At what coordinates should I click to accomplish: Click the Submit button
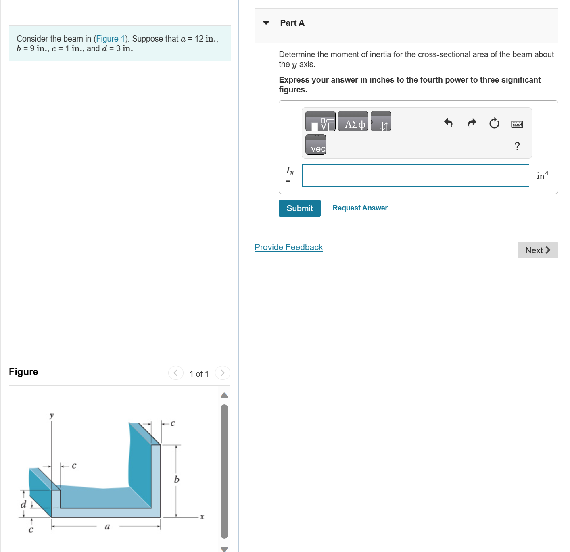click(x=299, y=208)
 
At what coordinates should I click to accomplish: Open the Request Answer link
click(x=360, y=208)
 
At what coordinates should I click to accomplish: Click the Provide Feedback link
click(x=288, y=247)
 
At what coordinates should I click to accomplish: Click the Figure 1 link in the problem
click(x=110, y=39)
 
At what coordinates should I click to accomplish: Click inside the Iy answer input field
click(x=415, y=175)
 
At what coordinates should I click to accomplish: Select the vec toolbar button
click(x=316, y=145)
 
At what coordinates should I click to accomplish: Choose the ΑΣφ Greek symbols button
click(x=353, y=121)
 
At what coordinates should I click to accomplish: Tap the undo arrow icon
click(x=448, y=123)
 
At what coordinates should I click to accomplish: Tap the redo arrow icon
click(x=472, y=123)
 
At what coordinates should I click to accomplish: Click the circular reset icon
click(x=494, y=123)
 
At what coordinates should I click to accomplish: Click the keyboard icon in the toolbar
click(x=517, y=124)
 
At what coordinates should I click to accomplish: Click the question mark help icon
click(x=517, y=146)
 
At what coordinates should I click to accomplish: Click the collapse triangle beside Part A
click(x=266, y=23)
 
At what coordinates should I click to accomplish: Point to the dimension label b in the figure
click(x=177, y=479)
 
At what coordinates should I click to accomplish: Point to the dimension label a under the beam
click(x=107, y=526)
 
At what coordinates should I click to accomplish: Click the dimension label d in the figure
click(x=23, y=504)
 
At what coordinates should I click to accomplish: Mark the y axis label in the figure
click(x=51, y=415)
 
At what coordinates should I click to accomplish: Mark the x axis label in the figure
click(x=202, y=517)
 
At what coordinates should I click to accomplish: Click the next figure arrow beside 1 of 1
click(x=222, y=373)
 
